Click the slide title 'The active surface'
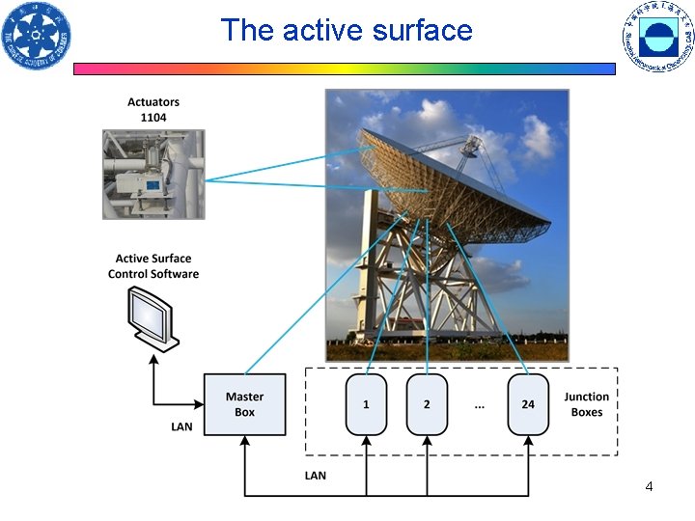click(x=347, y=30)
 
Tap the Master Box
click(x=244, y=404)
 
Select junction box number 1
click(x=366, y=404)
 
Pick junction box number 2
click(x=427, y=404)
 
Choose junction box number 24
click(x=528, y=404)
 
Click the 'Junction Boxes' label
click(x=586, y=404)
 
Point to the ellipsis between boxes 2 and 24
click(x=479, y=405)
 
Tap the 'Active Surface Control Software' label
click(x=153, y=266)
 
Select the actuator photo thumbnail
click(x=153, y=175)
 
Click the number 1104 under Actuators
click(x=153, y=117)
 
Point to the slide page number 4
click(x=649, y=486)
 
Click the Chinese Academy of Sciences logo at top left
click(x=36, y=37)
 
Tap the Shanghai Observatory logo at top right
click(x=657, y=37)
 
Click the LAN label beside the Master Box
click(x=181, y=426)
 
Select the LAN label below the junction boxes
click(x=316, y=475)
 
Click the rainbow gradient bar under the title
click(x=345, y=69)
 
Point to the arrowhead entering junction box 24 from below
click(x=528, y=441)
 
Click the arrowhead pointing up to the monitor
click(x=153, y=359)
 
